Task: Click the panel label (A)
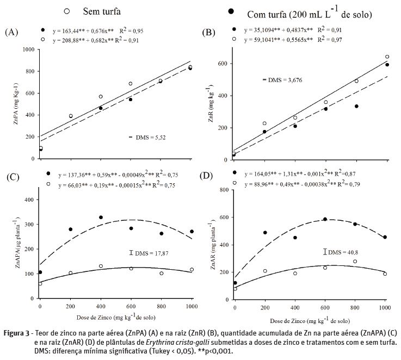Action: (x=11, y=33)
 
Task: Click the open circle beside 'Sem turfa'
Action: (x=67, y=10)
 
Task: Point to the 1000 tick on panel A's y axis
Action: (x=27, y=49)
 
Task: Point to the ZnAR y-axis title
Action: (x=209, y=250)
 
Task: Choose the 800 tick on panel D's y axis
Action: (x=222, y=190)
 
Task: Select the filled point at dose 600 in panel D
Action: (x=325, y=219)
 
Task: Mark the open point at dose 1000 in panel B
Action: (x=387, y=57)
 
